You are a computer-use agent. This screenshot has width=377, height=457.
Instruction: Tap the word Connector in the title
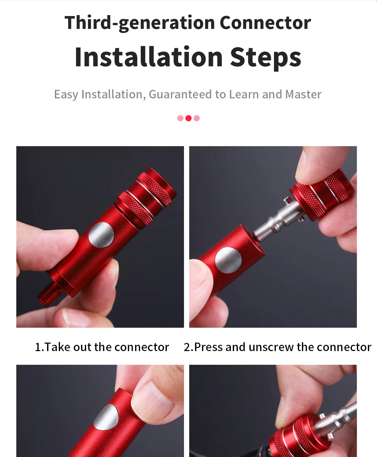pyautogui.click(x=265, y=23)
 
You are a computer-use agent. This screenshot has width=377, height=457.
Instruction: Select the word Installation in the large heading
pyautogui.click(x=149, y=57)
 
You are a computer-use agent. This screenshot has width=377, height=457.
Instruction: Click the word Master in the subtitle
pyautogui.click(x=303, y=94)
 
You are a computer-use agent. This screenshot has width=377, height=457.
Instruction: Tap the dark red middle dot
pyautogui.click(x=188, y=118)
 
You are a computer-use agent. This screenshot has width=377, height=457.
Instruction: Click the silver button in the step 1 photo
pyautogui.click(x=101, y=235)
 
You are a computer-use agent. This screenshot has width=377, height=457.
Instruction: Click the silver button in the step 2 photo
pyautogui.click(x=228, y=260)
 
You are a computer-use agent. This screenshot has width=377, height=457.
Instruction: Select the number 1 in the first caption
pyautogui.click(x=38, y=347)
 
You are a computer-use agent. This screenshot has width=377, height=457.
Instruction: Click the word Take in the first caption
pyautogui.click(x=57, y=347)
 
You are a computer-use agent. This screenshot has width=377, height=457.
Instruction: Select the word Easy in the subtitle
pyautogui.click(x=66, y=95)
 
